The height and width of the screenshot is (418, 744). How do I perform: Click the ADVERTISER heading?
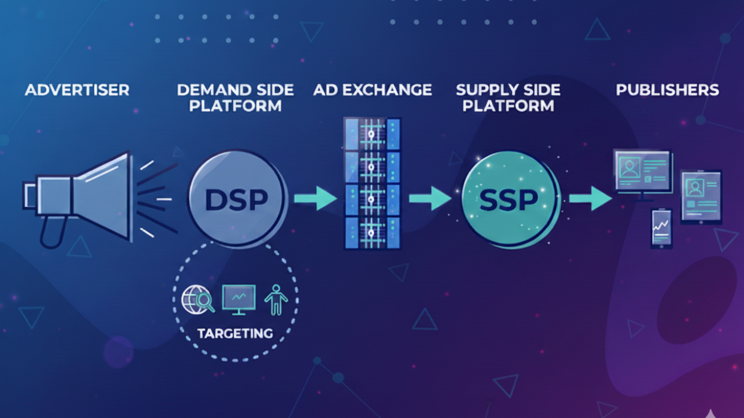(77, 90)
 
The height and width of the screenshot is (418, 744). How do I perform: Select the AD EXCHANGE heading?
(372, 90)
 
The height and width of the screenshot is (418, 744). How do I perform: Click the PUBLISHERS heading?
(667, 90)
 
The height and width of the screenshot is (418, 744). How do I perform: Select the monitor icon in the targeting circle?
(239, 300)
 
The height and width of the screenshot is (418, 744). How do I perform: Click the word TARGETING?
(235, 333)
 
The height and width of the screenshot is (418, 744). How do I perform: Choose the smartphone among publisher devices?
(661, 228)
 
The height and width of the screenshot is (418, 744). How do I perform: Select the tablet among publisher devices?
(701, 196)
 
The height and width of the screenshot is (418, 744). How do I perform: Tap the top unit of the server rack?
(372, 134)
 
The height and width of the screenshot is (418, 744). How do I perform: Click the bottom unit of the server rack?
(372, 232)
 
